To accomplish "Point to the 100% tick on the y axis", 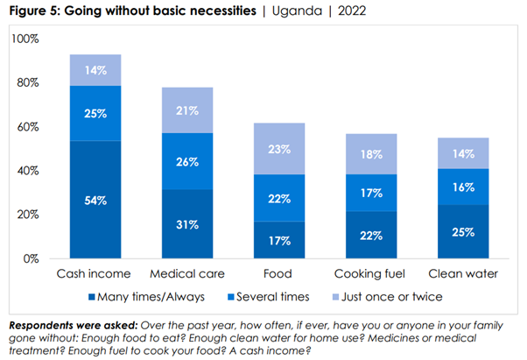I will click(25, 39).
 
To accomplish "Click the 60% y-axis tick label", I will click(27, 127).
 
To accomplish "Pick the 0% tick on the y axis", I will click(31, 258).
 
